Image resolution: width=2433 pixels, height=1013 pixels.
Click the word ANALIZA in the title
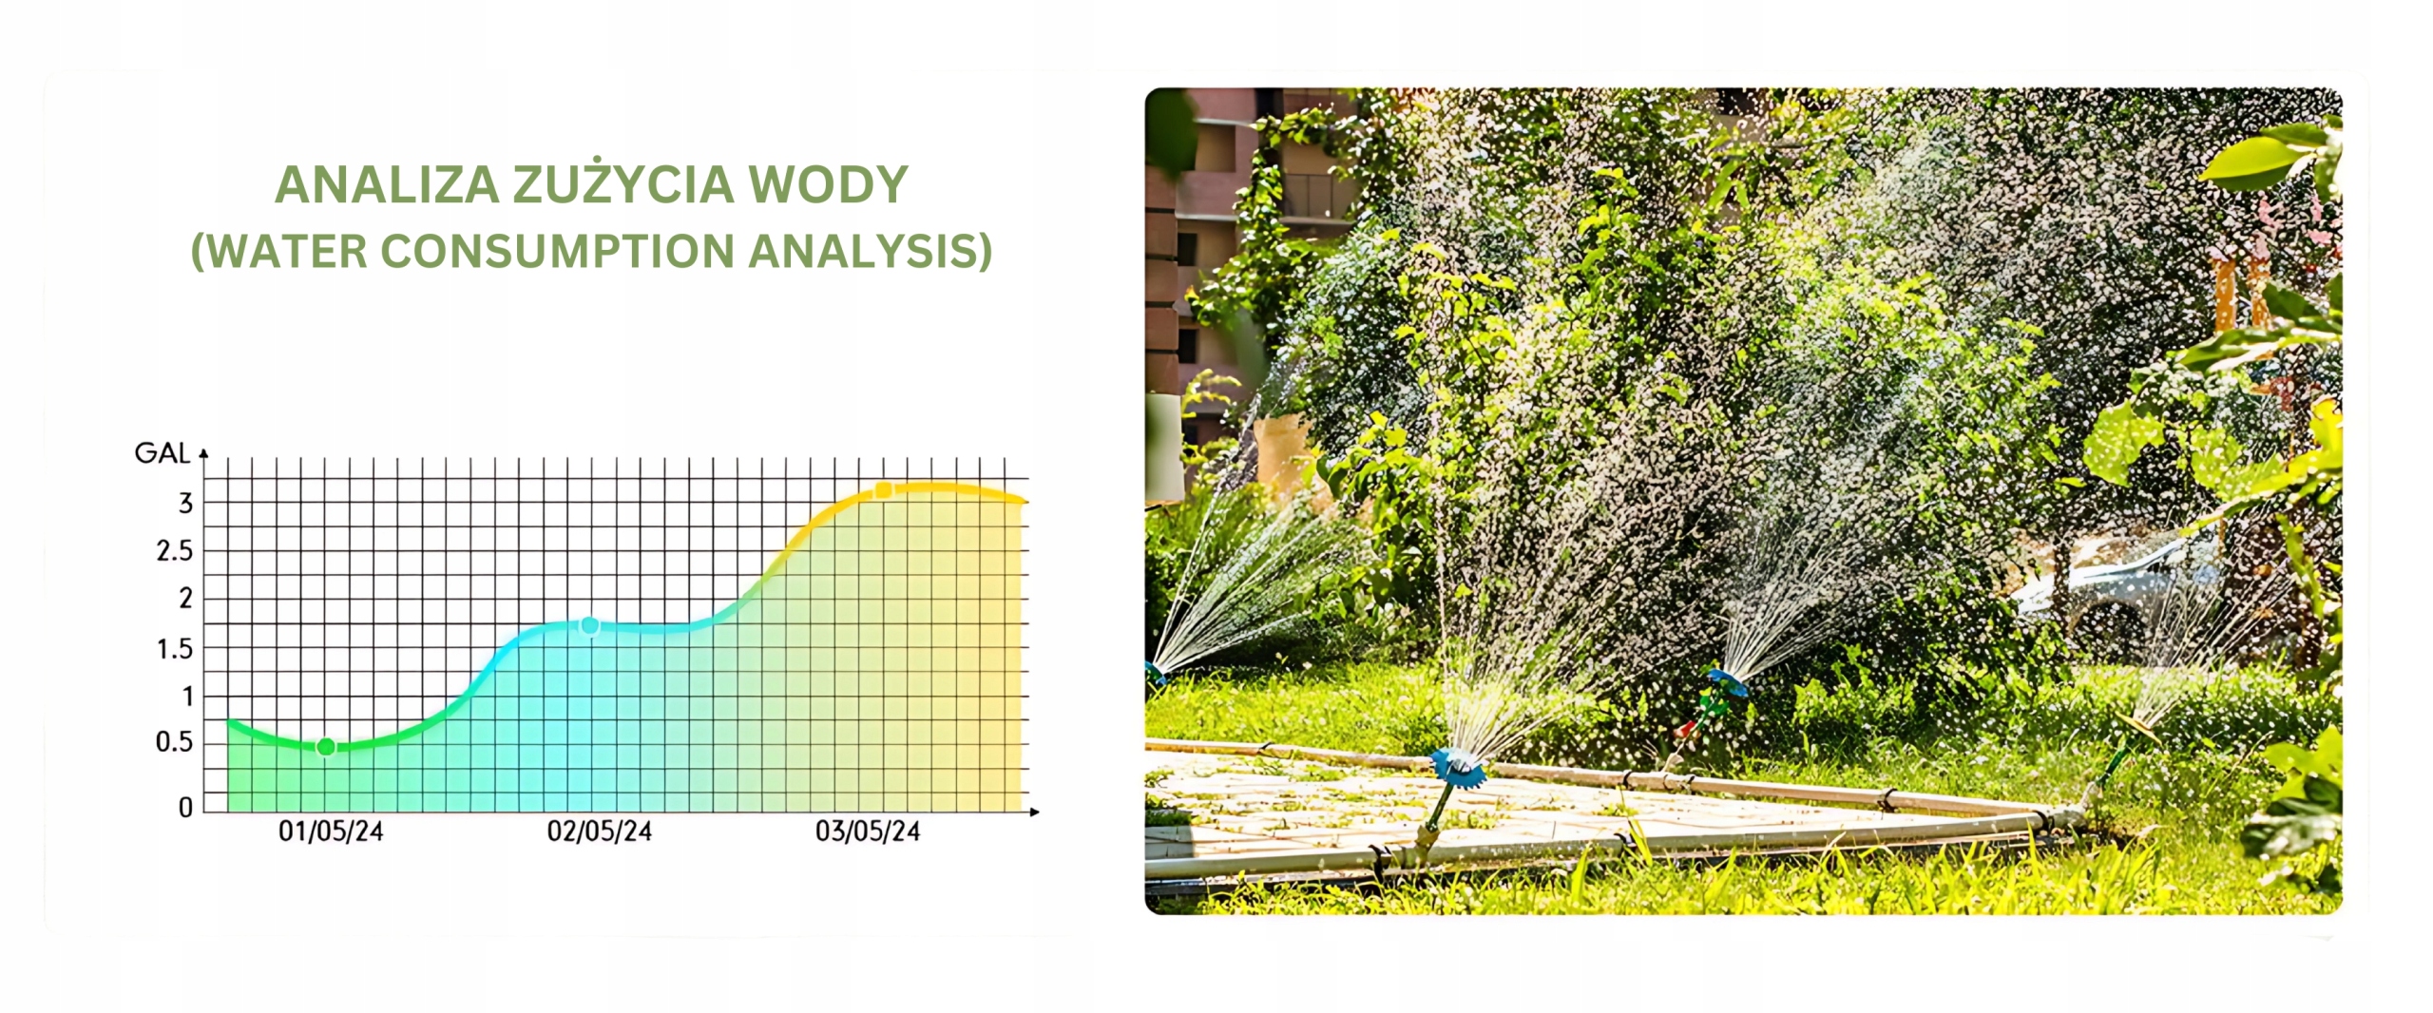click(387, 184)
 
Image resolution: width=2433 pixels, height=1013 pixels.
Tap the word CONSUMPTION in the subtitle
click(558, 251)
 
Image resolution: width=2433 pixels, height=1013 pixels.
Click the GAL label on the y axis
click(163, 453)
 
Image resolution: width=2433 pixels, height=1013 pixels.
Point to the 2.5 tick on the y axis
click(175, 551)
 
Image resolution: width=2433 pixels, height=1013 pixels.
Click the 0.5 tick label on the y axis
click(175, 742)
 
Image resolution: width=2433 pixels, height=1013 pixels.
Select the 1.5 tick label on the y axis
click(175, 649)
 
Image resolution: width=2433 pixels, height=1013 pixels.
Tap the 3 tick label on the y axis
click(186, 503)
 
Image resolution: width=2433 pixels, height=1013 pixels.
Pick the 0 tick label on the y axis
click(186, 807)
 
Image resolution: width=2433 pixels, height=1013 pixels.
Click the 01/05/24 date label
click(331, 831)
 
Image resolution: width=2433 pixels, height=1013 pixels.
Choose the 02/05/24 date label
click(600, 831)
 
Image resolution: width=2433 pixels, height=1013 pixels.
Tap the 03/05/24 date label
click(868, 831)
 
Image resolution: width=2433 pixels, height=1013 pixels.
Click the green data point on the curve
click(326, 747)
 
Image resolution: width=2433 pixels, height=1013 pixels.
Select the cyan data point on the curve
click(589, 626)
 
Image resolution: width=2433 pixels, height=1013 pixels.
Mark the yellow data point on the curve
click(883, 490)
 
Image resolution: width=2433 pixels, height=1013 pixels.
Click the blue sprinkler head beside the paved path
click(1458, 768)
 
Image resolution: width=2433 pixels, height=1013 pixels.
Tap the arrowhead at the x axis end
click(1035, 812)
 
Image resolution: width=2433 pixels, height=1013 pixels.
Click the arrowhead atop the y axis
click(203, 454)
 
